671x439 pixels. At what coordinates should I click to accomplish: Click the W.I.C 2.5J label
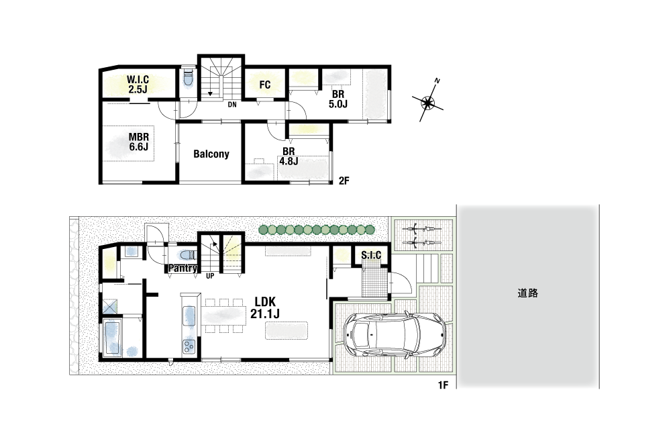pyautogui.click(x=138, y=85)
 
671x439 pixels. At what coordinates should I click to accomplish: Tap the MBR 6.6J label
pyautogui.click(x=139, y=142)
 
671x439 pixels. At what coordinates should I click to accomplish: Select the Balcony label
pyautogui.click(x=211, y=154)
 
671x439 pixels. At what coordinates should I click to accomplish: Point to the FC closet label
pyautogui.click(x=265, y=85)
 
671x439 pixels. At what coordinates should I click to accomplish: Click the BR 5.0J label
pyautogui.click(x=338, y=99)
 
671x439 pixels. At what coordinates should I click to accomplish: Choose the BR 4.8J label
pyautogui.click(x=289, y=156)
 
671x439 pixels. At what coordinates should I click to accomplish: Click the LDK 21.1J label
pyautogui.click(x=265, y=307)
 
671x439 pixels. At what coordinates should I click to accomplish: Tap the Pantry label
pyautogui.click(x=183, y=268)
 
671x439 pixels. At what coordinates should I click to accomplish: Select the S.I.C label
pyautogui.click(x=371, y=255)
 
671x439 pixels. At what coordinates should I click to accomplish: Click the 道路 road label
pyautogui.click(x=527, y=293)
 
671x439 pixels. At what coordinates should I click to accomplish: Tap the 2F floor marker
pyautogui.click(x=344, y=181)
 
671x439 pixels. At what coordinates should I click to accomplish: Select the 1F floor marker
pyautogui.click(x=443, y=385)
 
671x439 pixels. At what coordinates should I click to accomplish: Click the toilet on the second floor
pyautogui.click(x=188, y=78)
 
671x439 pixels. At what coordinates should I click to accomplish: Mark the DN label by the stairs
pyautogui.click(x=232, y=105)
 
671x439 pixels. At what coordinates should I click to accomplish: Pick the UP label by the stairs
pyautogui.click(x=210, y=277)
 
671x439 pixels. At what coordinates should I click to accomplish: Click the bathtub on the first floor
pyautogui.click(x=111, y=338)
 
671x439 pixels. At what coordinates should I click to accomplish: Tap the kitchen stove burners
pyautogui.click(x=189, y=346)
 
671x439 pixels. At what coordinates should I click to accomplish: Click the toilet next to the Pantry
pyautogui.click(x=187, y=256)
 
